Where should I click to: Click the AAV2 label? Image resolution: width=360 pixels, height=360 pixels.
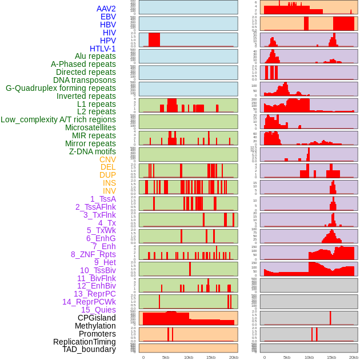[106, 9]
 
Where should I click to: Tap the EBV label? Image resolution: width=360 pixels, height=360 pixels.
[108, 17]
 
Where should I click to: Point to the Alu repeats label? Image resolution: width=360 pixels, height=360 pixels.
[95, 56]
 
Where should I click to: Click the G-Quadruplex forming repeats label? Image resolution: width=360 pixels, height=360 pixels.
[61, 88]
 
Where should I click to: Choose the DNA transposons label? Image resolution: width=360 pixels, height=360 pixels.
[85, 80]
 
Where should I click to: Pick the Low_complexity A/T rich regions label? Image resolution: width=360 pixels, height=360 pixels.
[58, 119]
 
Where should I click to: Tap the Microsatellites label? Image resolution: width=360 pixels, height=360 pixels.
[90, 127]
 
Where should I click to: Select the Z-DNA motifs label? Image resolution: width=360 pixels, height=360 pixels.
[93, 151]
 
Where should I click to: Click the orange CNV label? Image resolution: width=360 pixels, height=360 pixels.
[107, 159]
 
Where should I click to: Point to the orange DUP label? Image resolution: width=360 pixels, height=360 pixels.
[107, 175]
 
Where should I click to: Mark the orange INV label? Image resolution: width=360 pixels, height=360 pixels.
[109, 191]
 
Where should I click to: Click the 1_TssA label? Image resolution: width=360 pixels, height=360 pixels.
[103, 199]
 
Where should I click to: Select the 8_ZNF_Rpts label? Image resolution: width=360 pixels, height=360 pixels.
[93, 254]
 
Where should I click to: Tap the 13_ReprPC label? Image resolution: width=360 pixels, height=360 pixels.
[95, 294]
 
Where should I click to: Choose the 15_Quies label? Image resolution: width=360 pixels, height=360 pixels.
[98, 310]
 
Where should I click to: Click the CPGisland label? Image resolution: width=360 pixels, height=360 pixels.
[97, 318]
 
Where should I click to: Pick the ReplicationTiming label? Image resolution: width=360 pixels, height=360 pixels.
[84, 342]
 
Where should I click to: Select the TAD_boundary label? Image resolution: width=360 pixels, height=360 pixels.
[89, 349]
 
